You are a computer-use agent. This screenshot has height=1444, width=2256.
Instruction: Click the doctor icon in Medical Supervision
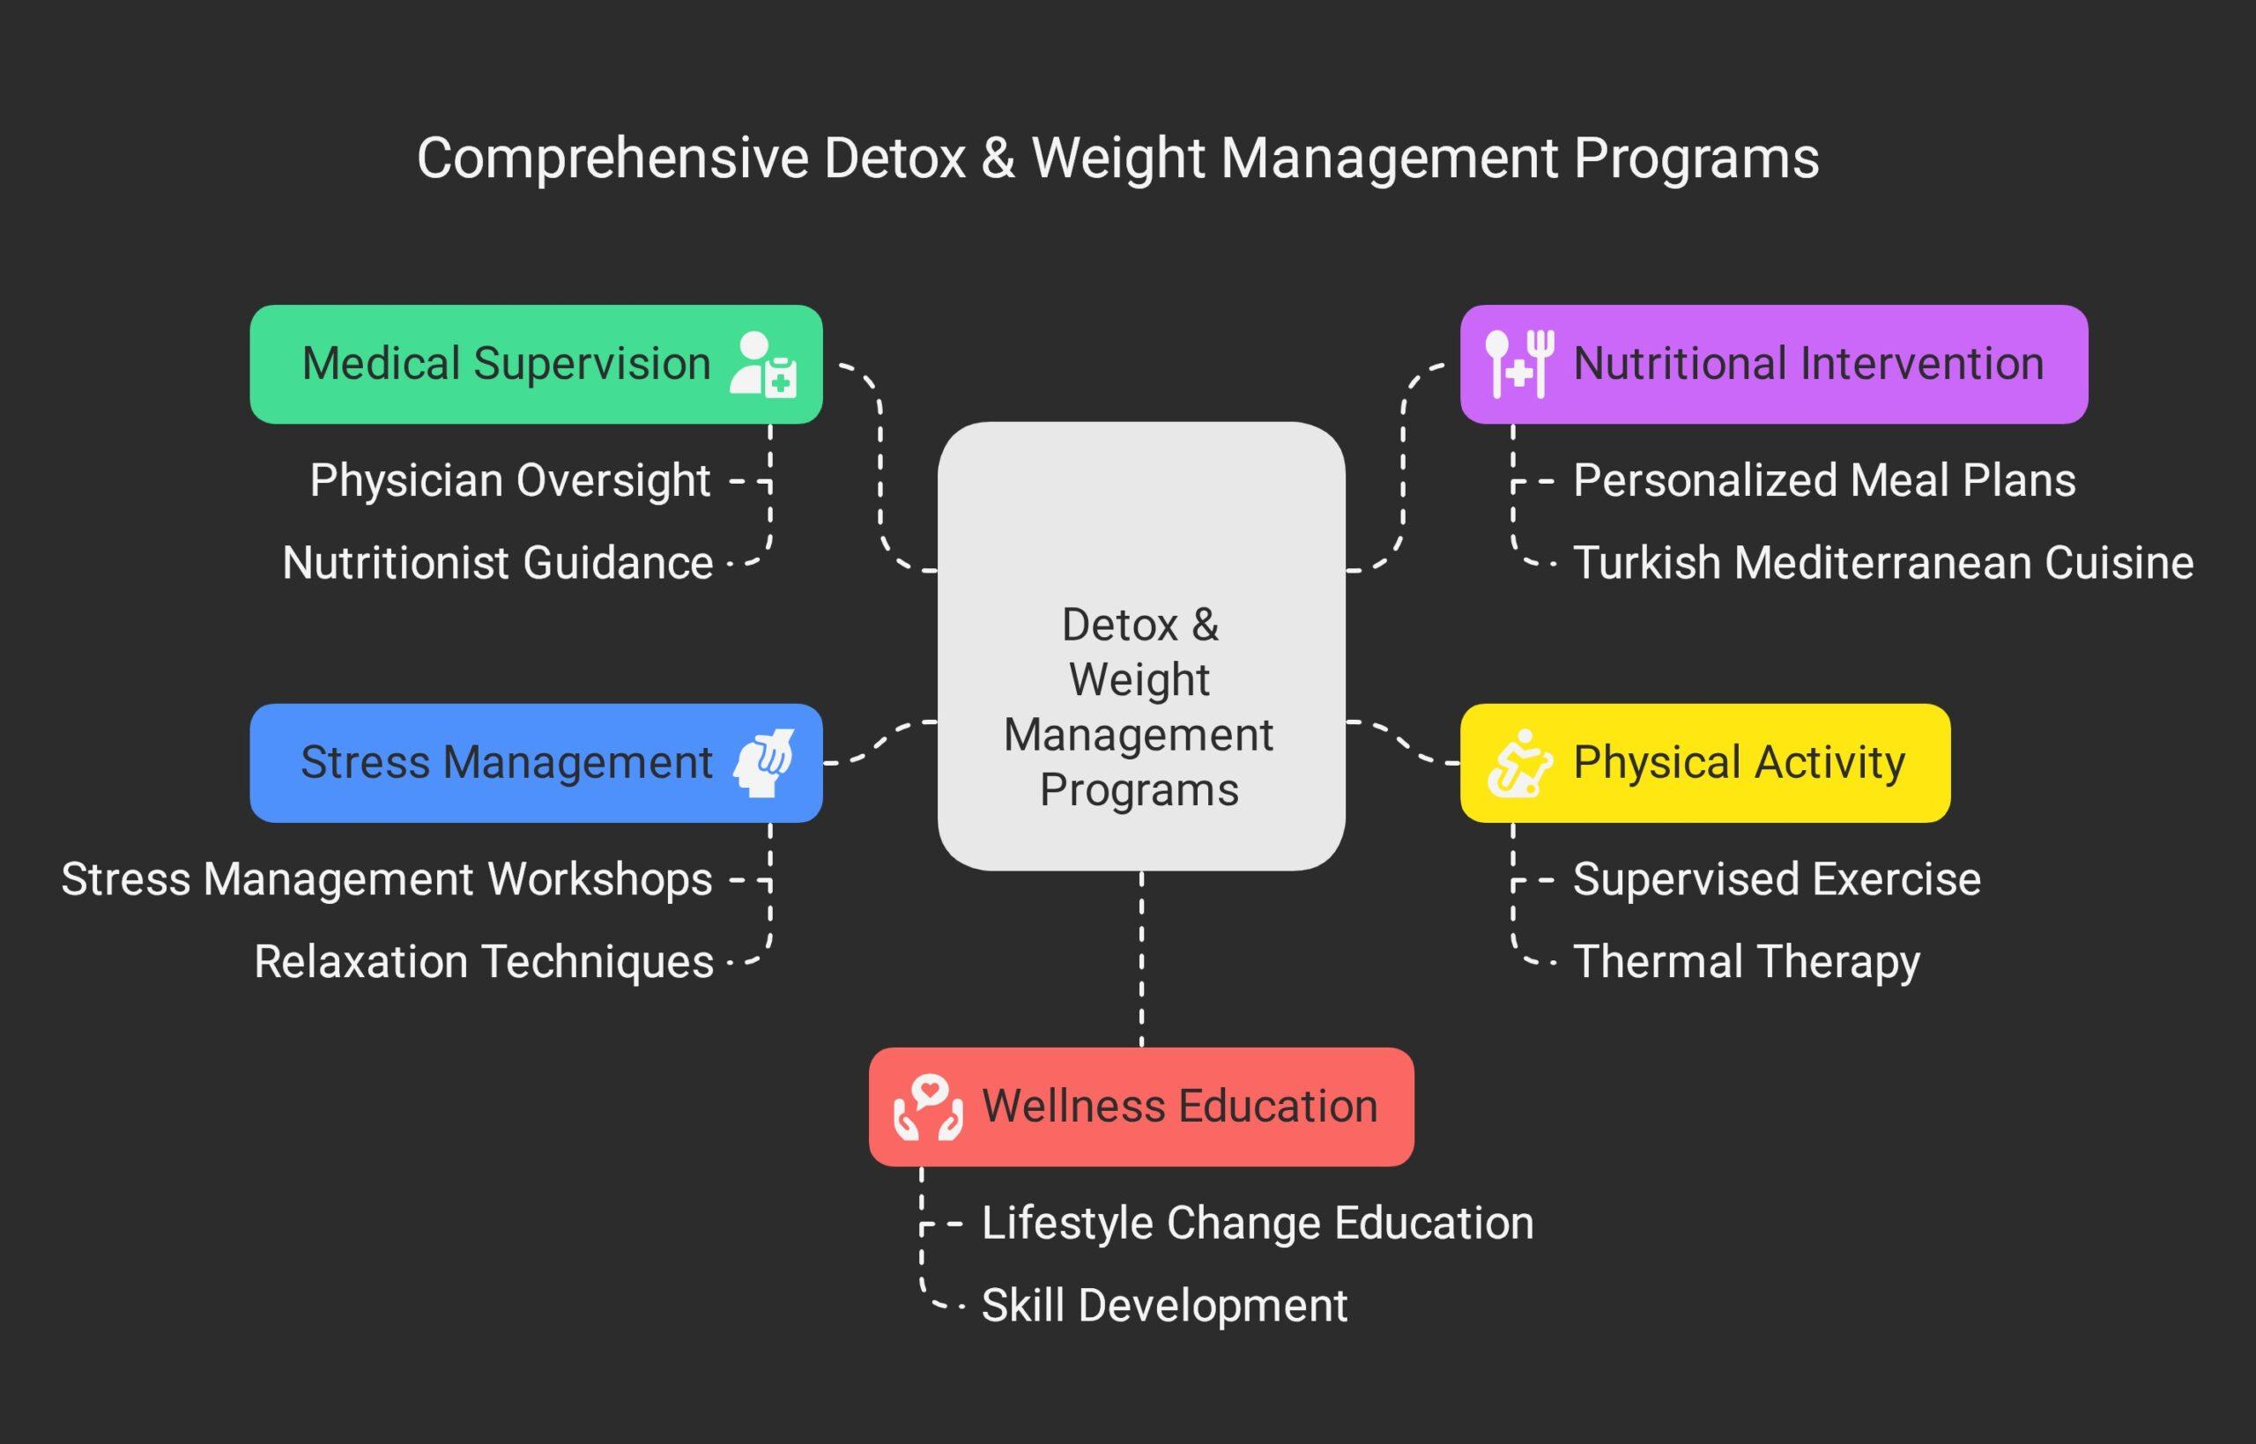[x=763, y=365]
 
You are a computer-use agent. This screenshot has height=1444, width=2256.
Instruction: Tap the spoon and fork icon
[x=1519, y=364]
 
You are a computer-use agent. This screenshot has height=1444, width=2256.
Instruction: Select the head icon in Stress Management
[x=763, y=763]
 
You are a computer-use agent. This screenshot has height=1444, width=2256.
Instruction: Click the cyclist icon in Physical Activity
[x=1519, y=763]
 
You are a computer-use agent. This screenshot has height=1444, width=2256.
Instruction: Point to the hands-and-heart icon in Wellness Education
[x=927, y=1107]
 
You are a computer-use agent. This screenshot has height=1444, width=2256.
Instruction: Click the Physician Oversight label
[x=510, y=481]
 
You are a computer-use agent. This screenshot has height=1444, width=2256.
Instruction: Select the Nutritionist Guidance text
[x=497, y=564]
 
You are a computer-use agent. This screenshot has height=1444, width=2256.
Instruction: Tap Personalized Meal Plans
[x=1823, y=481]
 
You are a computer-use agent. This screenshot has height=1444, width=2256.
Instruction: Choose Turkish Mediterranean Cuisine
[x=1883, y=564]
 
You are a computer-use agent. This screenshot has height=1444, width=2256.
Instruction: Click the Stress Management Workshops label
[x=386, y=879]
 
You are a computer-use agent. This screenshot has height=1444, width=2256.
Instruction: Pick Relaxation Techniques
[x=484, y=962]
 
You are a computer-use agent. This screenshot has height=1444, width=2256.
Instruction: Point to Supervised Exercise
[x=1777, y=879]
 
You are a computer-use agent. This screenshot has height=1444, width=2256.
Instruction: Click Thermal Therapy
[x=1746, y=962]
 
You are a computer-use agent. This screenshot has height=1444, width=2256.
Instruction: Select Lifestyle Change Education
[x=1258, y=1224]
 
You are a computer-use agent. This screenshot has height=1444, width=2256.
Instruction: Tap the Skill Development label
[x=1164, y=1307]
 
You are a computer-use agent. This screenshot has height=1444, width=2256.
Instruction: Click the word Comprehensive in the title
[x=612, y=158]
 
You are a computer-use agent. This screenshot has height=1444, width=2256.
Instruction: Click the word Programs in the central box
[x=1139, y=789]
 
